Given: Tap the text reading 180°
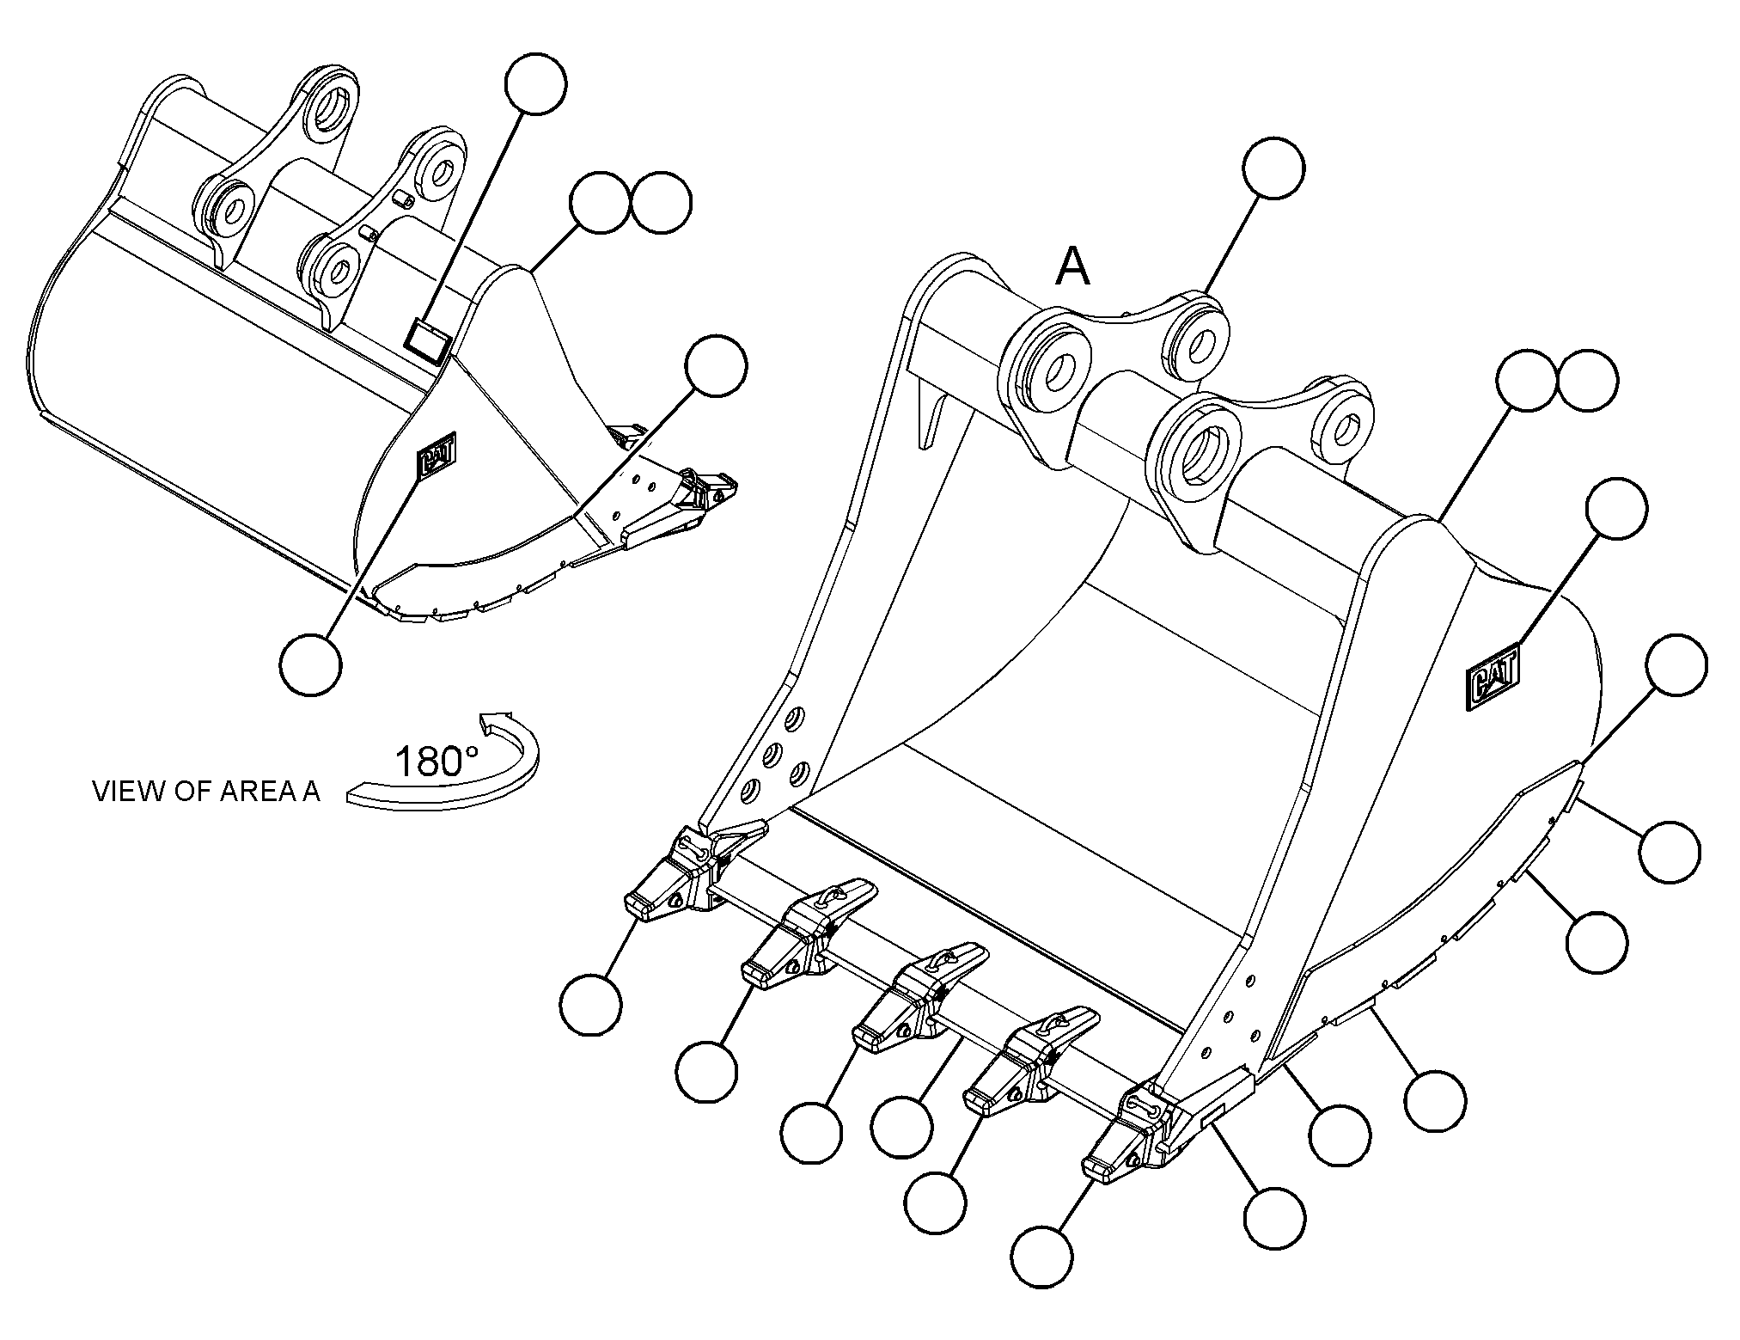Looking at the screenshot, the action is point(436,761).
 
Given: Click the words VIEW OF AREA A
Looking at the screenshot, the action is point(206,792).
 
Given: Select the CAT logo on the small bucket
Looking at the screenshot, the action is point(437,452).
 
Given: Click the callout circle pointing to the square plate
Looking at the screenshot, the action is point(536,83).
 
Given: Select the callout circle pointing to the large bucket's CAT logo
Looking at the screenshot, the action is point(1616,509).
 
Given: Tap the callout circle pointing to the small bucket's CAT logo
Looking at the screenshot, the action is point(310,664).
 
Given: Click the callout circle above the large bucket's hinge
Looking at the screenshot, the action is point(1273,167).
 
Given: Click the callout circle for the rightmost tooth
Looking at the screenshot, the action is point(1042,1257).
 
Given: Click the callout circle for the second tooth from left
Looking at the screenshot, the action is point(705,1073).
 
